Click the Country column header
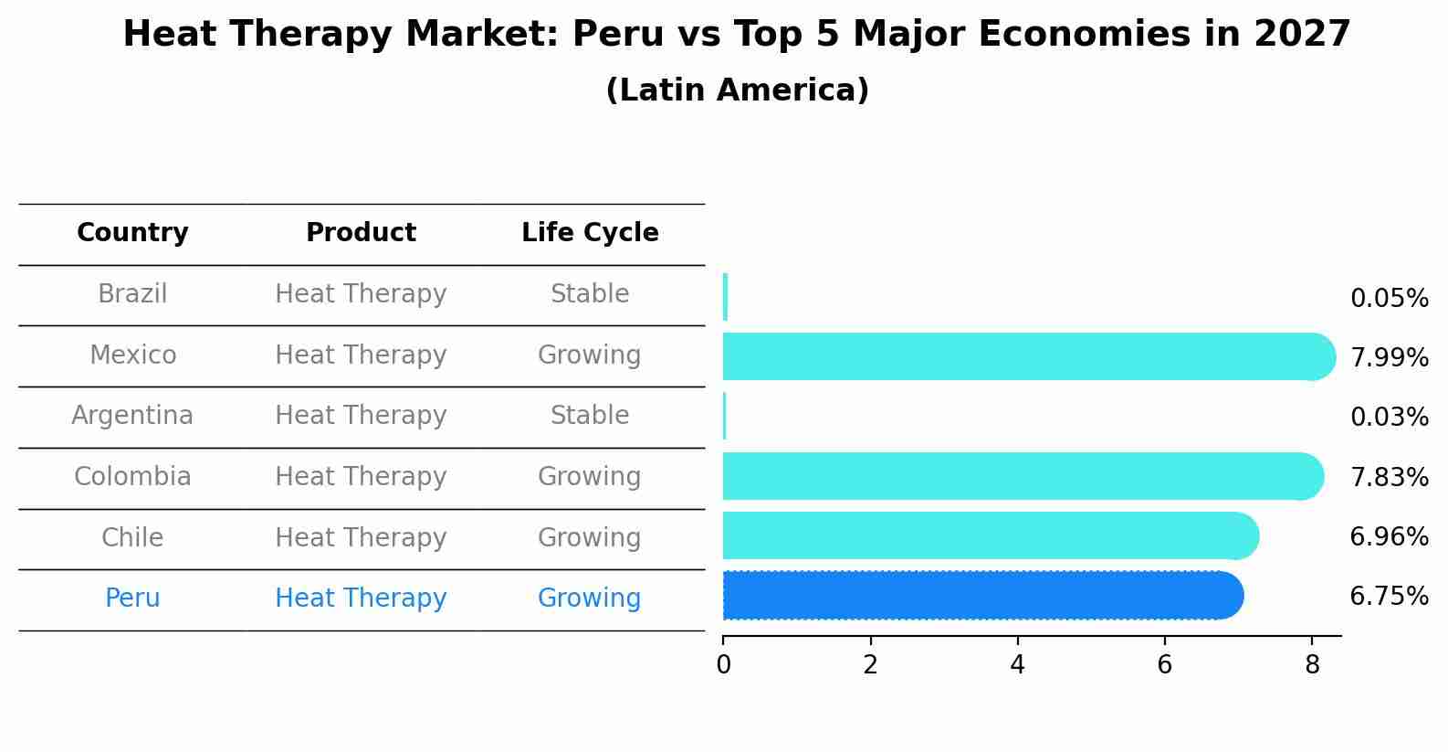tap(132, 233)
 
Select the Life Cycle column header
tap(590, 233)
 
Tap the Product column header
tap(361, 233)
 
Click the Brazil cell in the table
tap(132, 294)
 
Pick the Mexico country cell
tap(132, 355)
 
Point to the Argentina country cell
tap(132, 416)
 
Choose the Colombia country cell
tap(132, 477)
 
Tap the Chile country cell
tap(132, 537)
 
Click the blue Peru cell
tap(132, 598)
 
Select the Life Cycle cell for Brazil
tap(590, 294)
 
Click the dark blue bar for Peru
tap(982, 595)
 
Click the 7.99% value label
tap(1389, 358)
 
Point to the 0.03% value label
tap(1389, 418)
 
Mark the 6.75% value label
tap(1389, 597)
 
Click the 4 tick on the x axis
tap(1017, 665)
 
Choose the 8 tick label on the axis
tap(1312, 665)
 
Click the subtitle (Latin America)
tap(737, 90)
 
